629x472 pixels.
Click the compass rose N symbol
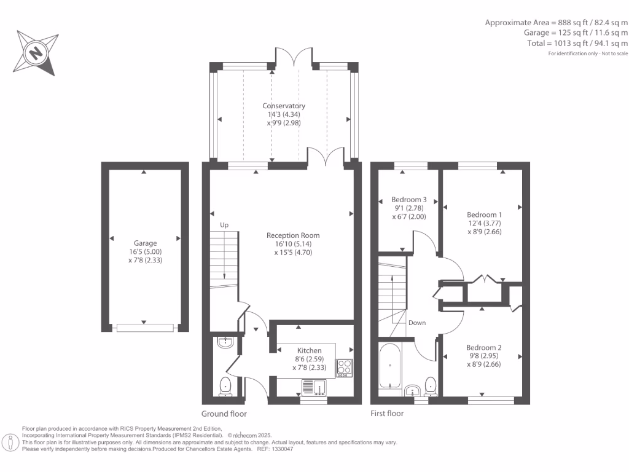36,53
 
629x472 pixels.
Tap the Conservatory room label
284,106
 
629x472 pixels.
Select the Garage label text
145,243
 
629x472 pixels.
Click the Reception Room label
293,235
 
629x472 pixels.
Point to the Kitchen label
310,350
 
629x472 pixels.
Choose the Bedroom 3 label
408,200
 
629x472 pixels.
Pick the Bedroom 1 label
484,214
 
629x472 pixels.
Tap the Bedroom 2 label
484,348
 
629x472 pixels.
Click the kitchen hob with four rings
345,368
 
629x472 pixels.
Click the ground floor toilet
226,386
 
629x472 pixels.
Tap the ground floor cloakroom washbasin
226,342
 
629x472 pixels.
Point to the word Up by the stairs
224,225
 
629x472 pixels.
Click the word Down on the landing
417,323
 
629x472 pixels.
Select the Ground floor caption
224,414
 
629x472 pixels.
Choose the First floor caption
387,414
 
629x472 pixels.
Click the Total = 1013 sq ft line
577,44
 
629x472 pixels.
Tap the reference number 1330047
283,449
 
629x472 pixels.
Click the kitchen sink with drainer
314,387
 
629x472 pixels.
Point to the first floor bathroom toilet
431,386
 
